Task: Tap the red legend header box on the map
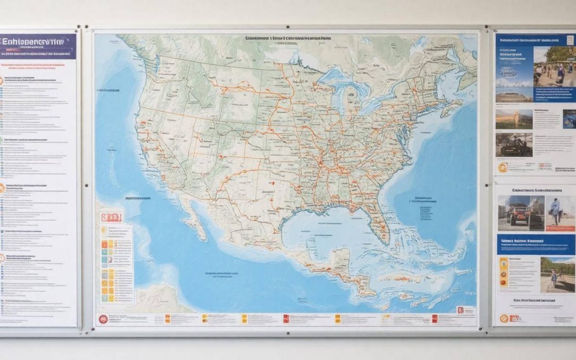tap(110, 217)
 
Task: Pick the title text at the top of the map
tap(289, 39)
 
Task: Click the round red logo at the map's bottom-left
tap(102, 319)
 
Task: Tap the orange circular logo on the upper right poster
tap(502, 167)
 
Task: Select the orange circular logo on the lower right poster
tap(503, 318)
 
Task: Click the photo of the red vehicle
tap(521, 213)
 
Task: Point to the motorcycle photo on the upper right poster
tap(514, 144)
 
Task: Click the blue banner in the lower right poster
tap(536, 245)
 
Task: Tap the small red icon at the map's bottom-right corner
tap(460, 309)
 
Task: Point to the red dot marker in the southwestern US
tap(273, 183)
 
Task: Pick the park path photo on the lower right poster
tap(557, 274)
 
